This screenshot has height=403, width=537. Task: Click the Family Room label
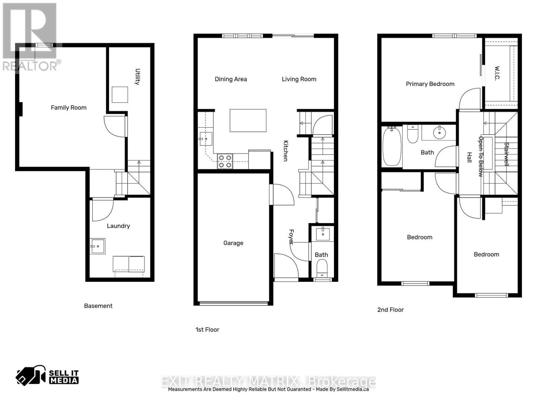68,108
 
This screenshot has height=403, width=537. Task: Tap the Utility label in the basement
138,77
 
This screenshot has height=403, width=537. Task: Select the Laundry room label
118,226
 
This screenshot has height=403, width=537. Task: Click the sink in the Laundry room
97,246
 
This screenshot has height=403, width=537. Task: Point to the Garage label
233,243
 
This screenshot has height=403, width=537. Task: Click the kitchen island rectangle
248,120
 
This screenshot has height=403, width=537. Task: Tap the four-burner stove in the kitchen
225,161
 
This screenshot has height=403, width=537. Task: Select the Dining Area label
231,79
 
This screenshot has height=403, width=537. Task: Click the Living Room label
299,79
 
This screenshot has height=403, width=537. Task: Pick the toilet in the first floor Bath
322,268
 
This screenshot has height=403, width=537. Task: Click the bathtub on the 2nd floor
392,146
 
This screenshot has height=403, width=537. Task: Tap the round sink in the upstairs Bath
439,133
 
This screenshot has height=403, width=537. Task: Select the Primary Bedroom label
430,84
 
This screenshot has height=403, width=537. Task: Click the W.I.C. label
497,73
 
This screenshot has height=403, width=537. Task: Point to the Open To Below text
481,156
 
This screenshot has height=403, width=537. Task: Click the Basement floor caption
98,306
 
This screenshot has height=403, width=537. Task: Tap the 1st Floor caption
207,330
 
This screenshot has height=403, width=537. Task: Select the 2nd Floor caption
390,310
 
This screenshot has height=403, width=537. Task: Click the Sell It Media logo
47,376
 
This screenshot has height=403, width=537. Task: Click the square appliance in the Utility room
119,95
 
